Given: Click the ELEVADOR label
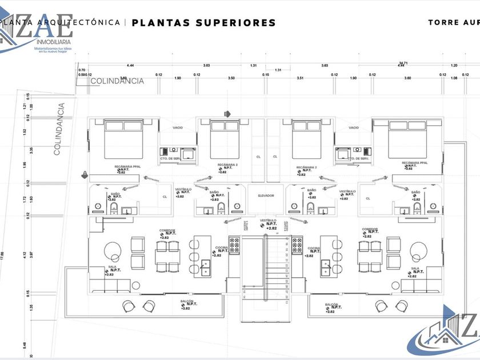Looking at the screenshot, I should click(266, 195).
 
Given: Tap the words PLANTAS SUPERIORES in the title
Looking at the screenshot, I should click(204, 23).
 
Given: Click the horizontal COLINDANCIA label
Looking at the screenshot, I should click(117, 81).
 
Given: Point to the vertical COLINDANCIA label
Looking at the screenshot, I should click(57, 129).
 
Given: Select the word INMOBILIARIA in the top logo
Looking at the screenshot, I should click(54, 42).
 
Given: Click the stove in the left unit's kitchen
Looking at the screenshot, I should click(234, 246).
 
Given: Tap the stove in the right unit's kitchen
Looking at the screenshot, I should click(297, 246).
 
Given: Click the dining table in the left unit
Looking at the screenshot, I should click(167, 253).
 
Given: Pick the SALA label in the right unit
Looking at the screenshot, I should click(415, 267).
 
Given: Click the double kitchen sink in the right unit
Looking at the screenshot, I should click(326, 266).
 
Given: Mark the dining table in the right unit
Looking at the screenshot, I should click(369, 253).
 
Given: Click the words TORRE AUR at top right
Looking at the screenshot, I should click(453, 23).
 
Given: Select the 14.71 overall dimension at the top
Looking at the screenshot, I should click(403, 63).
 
